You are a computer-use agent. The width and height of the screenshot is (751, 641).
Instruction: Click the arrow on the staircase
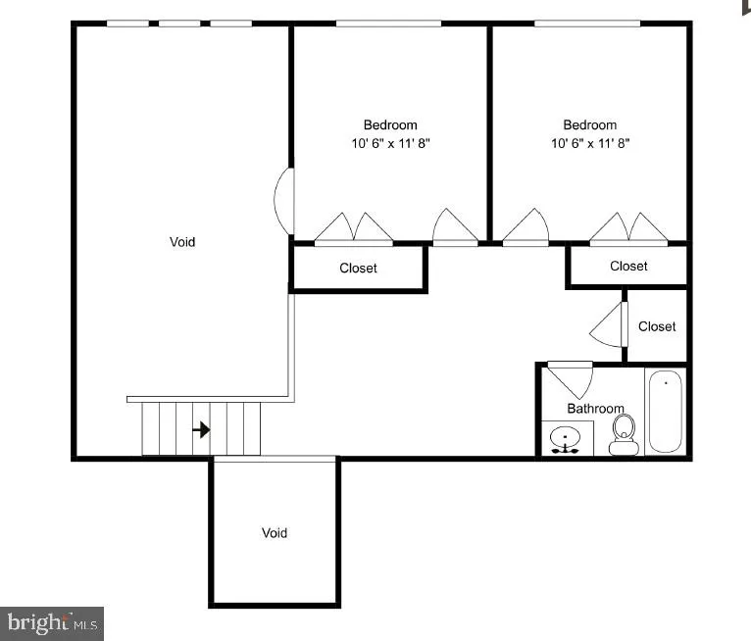pos(201,429)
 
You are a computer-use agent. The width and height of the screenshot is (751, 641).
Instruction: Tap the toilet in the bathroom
pos(624,434)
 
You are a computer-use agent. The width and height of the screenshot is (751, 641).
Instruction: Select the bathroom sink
pos(567,439)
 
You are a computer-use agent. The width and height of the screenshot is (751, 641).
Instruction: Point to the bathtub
pos(665,412)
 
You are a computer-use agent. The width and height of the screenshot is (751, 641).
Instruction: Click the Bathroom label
pos(595,409)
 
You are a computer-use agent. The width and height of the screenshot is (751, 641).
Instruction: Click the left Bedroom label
pos(390,124)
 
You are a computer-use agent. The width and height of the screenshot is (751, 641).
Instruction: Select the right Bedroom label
pos(590,124)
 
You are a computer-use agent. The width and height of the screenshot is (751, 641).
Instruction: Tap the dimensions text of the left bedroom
pos(390,143)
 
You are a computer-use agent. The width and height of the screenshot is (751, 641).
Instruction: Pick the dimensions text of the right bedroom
pos(590,143)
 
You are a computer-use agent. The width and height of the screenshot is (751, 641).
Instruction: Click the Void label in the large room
pos(182,242)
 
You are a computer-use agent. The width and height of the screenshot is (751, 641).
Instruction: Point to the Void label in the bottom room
pos(275,533)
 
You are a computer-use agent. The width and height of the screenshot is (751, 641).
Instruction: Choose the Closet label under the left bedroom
pos(358,269)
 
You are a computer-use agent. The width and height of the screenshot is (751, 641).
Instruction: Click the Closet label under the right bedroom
pos(628,266)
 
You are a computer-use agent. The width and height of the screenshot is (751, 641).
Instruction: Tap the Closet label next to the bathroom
pos(657,326)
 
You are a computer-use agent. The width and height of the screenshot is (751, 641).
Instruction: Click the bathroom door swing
pos(572,377)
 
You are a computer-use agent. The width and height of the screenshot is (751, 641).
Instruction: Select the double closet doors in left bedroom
pos(354,227)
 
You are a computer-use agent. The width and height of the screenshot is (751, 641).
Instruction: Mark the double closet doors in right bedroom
pos(628,227)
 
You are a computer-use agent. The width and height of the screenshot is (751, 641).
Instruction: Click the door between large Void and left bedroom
pos(282,201)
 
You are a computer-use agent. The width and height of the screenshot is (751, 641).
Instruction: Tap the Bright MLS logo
pos(53,622)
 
